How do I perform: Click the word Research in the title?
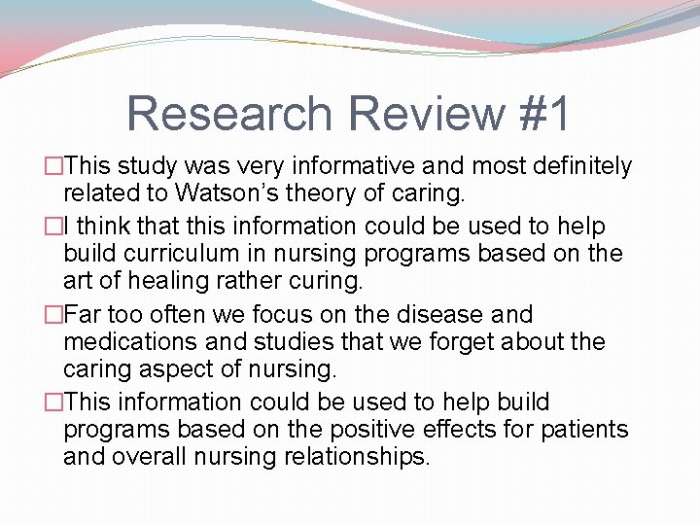coord(229,114)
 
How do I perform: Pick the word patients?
coord(583,429)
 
